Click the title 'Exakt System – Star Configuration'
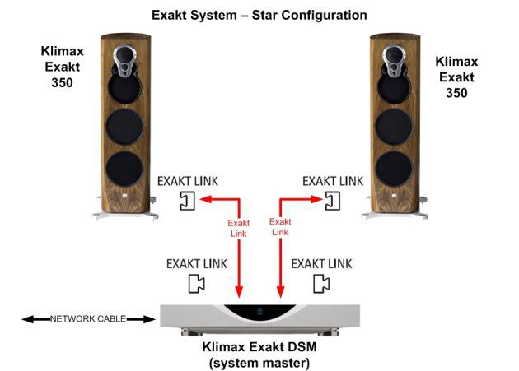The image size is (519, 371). click(259, 15)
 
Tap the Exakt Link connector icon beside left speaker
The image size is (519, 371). click(187, 200)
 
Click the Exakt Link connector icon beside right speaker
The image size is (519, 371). click(332, 200)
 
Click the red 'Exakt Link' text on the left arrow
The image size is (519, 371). click(238, 227)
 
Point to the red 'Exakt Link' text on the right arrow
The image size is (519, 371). click(281, 227)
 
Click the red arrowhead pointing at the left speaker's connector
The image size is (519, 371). click(206, 199)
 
